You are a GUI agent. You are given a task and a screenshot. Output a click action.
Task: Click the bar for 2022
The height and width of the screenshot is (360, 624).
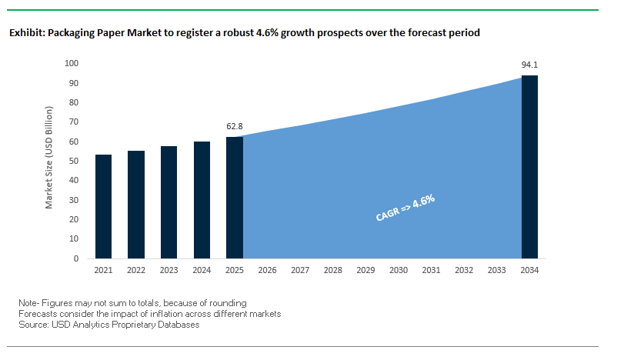136,205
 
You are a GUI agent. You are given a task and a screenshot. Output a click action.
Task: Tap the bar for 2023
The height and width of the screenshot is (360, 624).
169,202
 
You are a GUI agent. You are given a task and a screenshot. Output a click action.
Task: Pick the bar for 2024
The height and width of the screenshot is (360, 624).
202,200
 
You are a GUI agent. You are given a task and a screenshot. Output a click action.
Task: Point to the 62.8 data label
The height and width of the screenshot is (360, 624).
235,125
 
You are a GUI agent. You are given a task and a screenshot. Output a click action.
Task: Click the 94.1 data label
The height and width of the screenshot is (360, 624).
529,65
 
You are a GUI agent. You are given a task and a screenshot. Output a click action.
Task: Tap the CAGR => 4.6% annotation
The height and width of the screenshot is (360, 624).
405,208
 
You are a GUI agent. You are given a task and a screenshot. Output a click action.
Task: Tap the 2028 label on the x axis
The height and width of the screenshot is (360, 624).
333,271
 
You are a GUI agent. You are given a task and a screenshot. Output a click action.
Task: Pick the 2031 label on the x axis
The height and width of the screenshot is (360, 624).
431,271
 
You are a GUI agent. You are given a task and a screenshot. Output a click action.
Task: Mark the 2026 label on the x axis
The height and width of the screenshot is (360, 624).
267,271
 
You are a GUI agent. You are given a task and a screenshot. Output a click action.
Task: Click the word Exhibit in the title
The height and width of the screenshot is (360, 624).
25,34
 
